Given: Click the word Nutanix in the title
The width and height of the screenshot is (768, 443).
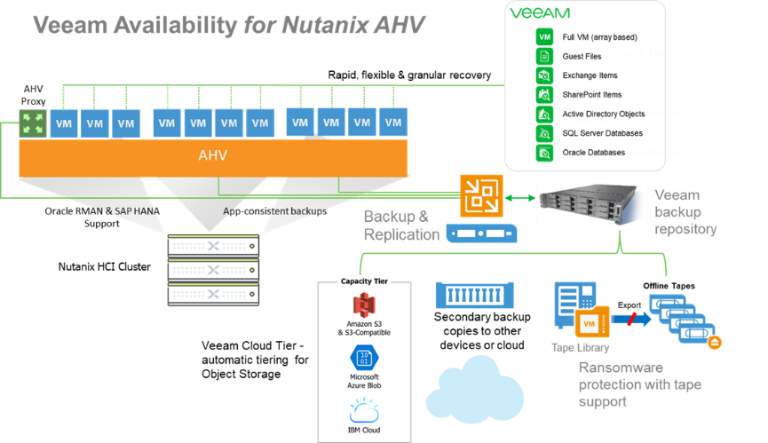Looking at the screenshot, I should click(x=326, y=25).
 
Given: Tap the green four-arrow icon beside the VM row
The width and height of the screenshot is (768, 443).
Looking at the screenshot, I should click(x=33, y=123).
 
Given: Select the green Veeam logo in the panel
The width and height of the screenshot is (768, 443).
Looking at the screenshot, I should click(x=540, y=13).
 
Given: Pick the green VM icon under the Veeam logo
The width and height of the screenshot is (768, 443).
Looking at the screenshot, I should click(x=545, y=36).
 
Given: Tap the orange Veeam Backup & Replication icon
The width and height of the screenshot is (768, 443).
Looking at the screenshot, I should click(x=481, y=196).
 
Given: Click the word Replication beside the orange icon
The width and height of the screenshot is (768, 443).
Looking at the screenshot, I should click(x=401, y=234).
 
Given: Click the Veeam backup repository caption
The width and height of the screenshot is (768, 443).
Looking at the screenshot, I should click(x=685, y=211).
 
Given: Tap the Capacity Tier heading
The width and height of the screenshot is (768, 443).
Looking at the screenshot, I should click(x=365, y=281).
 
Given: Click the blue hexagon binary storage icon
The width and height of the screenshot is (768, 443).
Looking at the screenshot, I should click(x=365, y=357).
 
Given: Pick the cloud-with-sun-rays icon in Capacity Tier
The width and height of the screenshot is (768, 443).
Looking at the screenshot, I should click(x=364, y=409).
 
